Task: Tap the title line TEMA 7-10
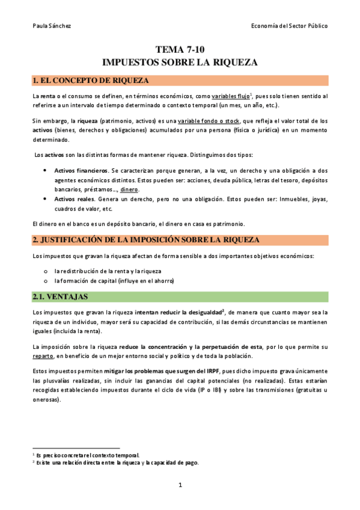pos(180,51)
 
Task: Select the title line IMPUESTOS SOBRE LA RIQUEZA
pos(180,62)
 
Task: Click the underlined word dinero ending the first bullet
pos(129,189)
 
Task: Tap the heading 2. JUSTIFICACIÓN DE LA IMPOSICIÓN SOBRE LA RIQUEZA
pos(145,240)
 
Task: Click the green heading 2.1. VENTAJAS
pos(60,297)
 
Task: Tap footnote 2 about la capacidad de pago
pos(117,462)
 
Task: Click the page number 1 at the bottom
pos(180,485)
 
